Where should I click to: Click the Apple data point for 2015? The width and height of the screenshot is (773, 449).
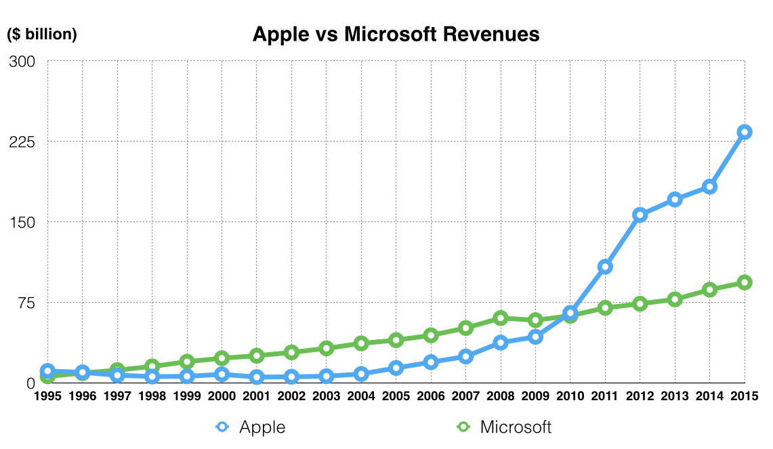744,132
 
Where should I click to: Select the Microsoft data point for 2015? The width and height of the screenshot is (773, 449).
744,282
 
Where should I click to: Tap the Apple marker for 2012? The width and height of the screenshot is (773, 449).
640,215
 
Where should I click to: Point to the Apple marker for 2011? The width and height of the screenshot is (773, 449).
605,267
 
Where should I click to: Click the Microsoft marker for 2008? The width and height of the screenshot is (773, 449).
501,318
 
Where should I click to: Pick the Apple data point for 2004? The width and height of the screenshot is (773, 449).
361,374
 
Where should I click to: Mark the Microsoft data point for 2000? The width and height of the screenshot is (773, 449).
222,358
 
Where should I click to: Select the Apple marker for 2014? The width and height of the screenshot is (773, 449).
709,186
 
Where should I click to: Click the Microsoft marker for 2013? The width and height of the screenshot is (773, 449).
675,299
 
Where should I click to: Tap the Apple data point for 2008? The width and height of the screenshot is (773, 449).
501,343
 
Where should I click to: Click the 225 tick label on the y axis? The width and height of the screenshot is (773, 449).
21,142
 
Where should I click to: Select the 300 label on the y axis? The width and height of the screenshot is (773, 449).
21,62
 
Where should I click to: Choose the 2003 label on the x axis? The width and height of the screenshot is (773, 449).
326,397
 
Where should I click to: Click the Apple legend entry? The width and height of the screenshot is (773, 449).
262,427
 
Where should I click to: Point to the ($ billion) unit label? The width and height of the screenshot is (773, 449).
42,35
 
